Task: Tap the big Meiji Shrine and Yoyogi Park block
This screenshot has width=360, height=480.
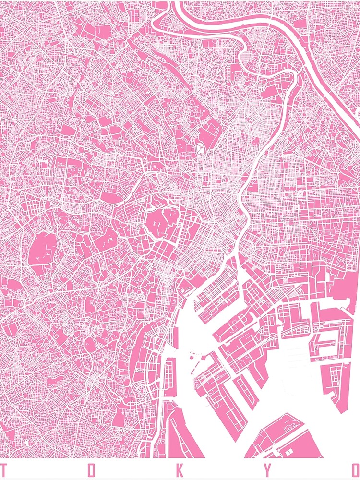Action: click(43, 250)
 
